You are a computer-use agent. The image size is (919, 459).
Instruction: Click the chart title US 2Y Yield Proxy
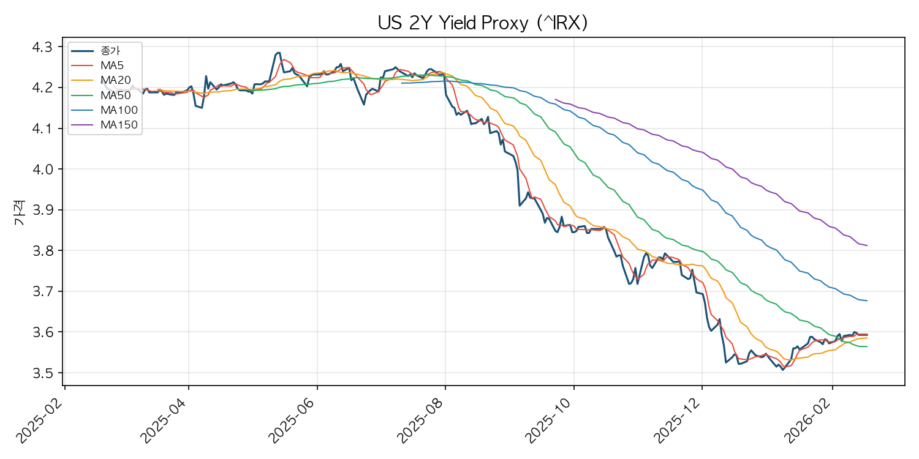point(483,23)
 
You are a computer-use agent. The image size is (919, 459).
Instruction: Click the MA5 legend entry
point(113,65)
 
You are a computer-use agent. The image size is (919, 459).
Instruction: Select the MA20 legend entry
point(115,80)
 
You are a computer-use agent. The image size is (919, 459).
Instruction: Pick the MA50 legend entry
point(115,95)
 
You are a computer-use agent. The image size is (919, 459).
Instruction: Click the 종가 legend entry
point(110,50)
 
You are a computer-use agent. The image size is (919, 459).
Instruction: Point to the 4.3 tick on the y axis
point(43,47)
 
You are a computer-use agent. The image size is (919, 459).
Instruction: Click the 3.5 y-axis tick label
point(43,373)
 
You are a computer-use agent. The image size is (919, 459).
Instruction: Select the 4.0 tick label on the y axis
point(43,170)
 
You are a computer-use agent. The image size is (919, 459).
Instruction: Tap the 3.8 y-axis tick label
point(43,251)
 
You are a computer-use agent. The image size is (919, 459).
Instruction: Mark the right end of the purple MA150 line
point(868,245)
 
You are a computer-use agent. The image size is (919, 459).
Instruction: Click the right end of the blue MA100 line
point(868,300)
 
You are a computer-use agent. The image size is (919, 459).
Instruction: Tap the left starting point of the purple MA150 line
point(555,99)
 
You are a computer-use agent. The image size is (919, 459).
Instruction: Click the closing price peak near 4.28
point(279,53)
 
